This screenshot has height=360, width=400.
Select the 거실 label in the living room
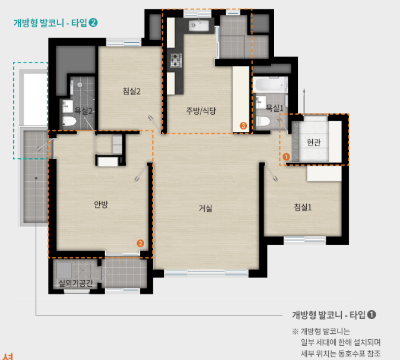[x=205, y=209]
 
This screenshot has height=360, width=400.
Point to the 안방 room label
[x=101, y=204]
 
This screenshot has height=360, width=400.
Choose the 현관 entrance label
[x=313, y=143]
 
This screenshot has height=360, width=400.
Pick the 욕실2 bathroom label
[x=84, y=110]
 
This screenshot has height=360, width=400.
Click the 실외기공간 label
[x=75, y=283]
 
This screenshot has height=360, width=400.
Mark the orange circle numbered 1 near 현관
[x=286, y=156]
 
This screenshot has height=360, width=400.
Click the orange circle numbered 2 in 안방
[x=140, y=242]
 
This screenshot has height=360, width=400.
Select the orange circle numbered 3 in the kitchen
[x=243, y=125]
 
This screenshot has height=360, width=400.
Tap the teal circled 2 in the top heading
[x=93, y=23]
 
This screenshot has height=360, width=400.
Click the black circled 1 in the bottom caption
[x=372, y=314]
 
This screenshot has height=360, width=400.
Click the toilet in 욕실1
[x=264, y=121]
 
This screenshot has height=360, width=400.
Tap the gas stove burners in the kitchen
[x=176, y=59]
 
